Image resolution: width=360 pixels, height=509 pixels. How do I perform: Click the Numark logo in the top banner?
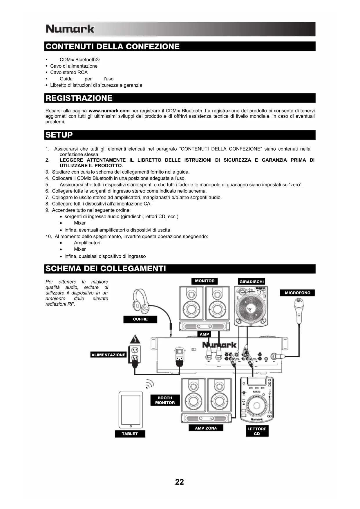point(70,29)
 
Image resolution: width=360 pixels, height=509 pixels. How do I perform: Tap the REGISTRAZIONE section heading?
point(79,98)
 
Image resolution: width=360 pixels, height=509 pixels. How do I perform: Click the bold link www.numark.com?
point(109,111)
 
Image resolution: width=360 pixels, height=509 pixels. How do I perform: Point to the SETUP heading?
point(59,135)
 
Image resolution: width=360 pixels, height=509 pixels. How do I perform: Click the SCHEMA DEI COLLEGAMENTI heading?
point(106,269)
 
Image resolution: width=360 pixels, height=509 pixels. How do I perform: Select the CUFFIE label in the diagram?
point(140,319)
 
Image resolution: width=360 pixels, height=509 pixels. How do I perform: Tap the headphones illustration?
point(141,301)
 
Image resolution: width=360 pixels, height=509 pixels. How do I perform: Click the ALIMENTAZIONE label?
point(108,355)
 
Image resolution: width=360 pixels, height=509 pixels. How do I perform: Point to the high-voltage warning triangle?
point(135,339)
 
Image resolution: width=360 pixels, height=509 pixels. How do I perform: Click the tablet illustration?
point(131,410)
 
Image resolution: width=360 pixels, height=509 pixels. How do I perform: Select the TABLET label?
point(130,434)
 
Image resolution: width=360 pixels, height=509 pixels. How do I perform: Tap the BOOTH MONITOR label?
point(165,400)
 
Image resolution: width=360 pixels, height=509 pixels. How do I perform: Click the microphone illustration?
point(299,311)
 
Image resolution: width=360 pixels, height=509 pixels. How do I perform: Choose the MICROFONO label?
point(297,293)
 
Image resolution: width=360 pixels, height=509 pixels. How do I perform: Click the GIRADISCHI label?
point(252,281)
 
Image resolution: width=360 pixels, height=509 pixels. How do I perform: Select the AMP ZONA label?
point(206,428)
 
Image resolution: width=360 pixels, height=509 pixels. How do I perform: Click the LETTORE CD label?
point(257,431)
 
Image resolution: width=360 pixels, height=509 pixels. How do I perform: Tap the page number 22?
point(180,482)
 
